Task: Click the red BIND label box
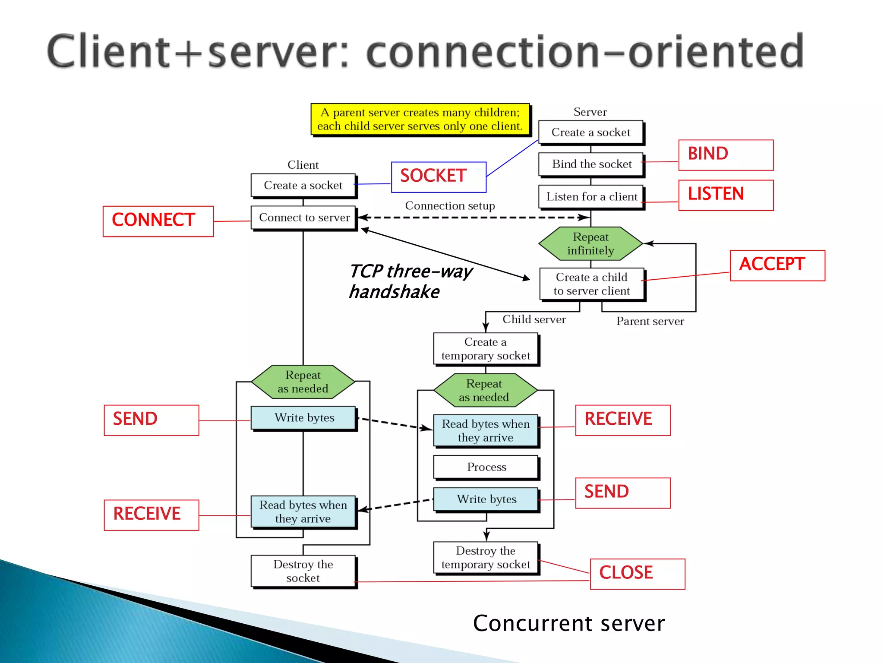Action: (726, 155)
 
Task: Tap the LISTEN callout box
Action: (726, 195)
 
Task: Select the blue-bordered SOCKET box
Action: (439, 177)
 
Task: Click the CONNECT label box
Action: (158, 221)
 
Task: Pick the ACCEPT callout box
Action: (777, 265)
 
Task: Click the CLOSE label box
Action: (637, 574)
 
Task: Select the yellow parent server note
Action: (420, 119)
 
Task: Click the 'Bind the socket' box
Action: (591, 164)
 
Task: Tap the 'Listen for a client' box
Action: (591, 197)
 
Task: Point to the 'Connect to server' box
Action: (304, 218)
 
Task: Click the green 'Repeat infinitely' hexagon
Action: (590, 244)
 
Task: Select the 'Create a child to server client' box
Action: (591, 284)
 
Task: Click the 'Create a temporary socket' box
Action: (486, 349)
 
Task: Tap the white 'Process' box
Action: (486, 467)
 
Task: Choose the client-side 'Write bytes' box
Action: (304, 418)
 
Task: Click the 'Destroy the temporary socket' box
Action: (486, 558)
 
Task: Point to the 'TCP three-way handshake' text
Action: (410, 281)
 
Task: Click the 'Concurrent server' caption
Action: (568, 623)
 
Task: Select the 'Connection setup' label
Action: (450, 206)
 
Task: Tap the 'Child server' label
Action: (534, 319)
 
